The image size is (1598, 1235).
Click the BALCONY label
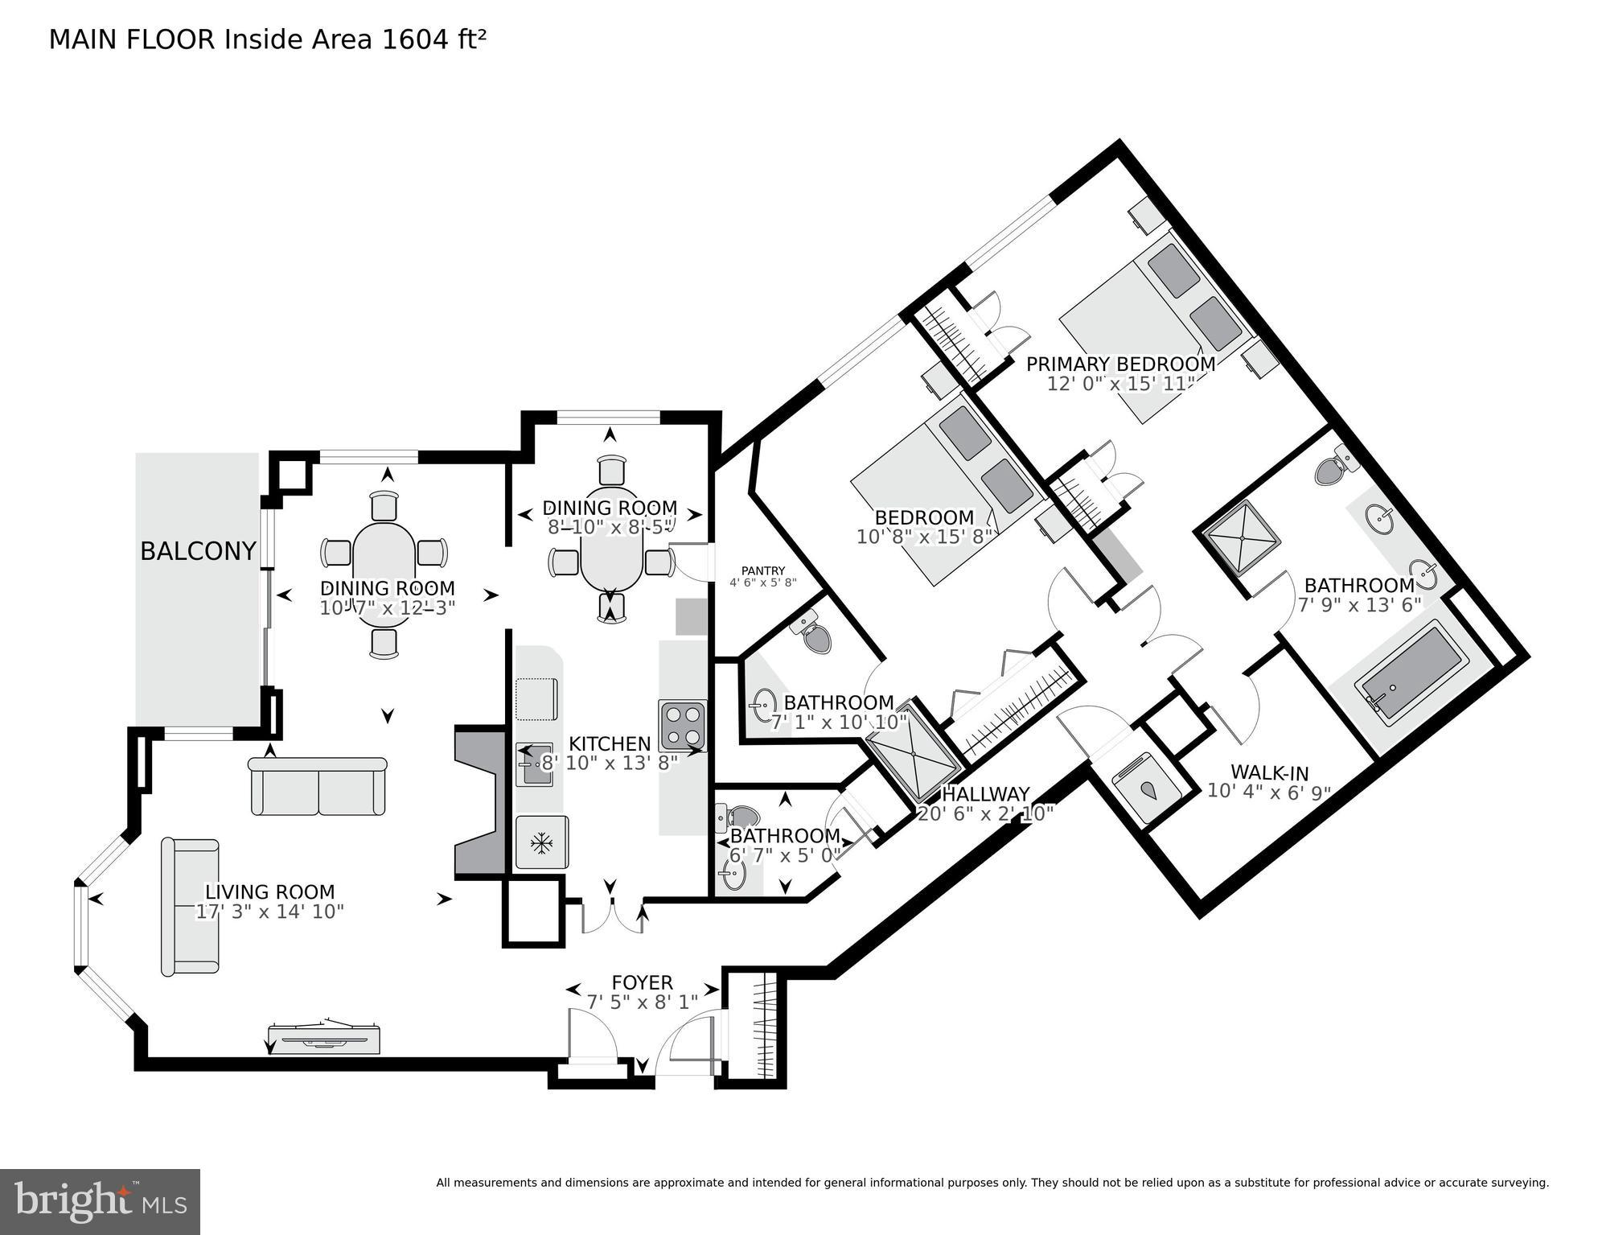(x=198, y=551)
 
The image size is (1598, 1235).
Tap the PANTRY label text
(x=762, y=571)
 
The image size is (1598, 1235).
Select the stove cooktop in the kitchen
(x=682, y=725)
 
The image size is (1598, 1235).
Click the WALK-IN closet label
(x=1269, y=773)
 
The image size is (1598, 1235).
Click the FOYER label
(x=642, y=982)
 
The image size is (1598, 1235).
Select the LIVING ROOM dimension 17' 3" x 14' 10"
(x=270, y=912)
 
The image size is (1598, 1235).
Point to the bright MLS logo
(x=100, y=1202)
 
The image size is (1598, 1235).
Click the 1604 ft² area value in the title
(x=433, y=39)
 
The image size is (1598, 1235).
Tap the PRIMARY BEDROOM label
(x=1120, y=364)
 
